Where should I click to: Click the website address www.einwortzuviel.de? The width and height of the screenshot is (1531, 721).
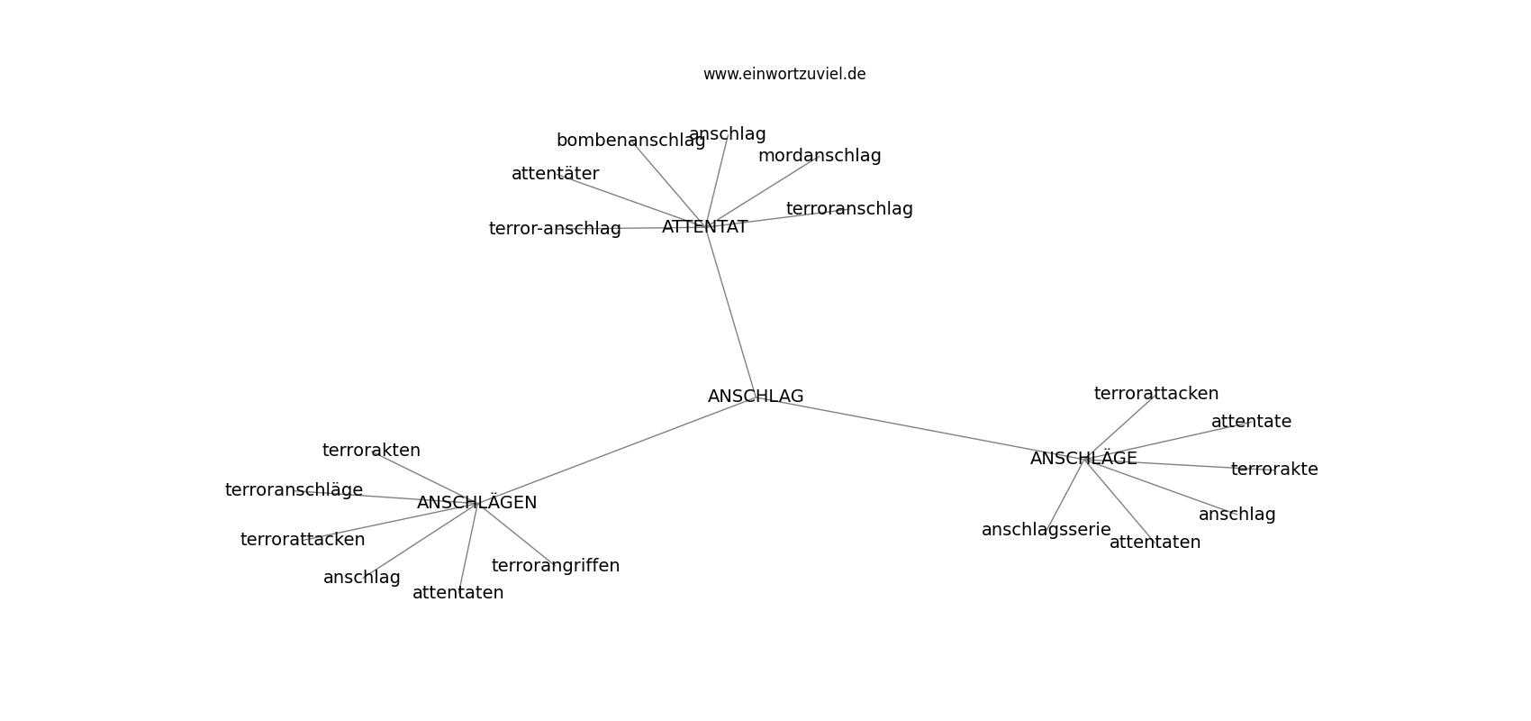point(784,74)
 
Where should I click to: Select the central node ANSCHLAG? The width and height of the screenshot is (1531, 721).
point(756,396)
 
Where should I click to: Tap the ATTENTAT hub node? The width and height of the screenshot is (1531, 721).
point(704,227)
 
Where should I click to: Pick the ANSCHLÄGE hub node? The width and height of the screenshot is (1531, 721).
point(1083,459)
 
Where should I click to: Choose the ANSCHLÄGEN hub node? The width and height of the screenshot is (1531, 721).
point(476,502)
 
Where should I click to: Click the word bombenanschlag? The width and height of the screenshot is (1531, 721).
point(630,141)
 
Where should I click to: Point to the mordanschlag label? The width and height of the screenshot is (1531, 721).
point(820,156)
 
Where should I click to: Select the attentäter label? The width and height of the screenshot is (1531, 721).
point(555,174)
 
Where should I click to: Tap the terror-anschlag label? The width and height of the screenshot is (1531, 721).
point(554,229)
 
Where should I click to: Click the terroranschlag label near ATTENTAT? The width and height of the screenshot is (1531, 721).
point(849,208)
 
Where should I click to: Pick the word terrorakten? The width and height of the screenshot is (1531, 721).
point(371,450)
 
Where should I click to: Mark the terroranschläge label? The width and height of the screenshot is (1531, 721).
point(294,489)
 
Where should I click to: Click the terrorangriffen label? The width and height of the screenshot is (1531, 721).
point(555,566)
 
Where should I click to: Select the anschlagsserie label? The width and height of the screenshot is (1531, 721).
point(1046,529)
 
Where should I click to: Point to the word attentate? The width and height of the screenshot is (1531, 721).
point(1251,422)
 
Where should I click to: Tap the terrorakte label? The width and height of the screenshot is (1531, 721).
point(1274,470)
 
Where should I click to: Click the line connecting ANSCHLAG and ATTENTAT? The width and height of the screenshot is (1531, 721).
point(730,312)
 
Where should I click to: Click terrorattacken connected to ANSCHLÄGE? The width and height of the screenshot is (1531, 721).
point(1155,393)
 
